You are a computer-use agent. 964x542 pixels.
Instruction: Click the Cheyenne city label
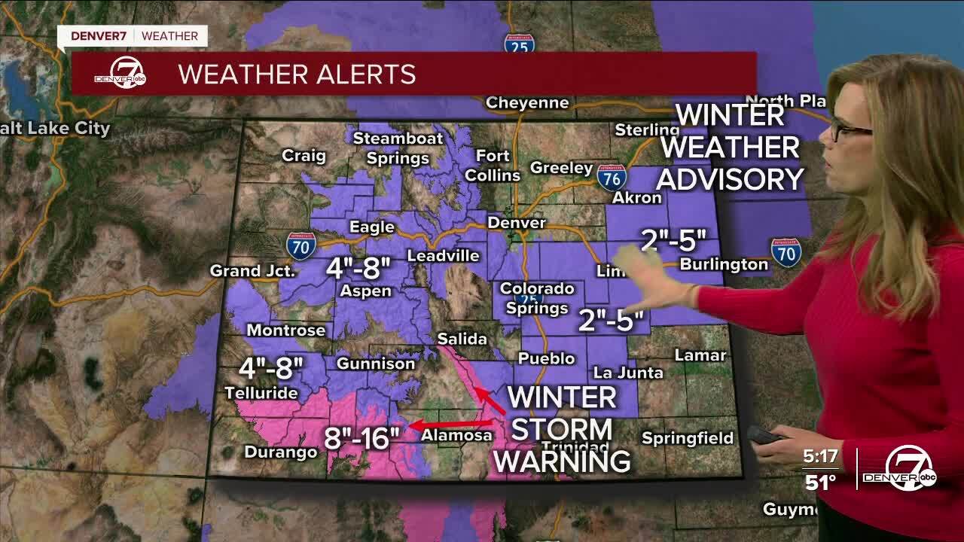click(x=526, y=103)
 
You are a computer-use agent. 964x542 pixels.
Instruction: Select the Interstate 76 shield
click(x=612, y=178)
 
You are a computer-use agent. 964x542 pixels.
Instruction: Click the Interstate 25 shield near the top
click(x=520, y=44)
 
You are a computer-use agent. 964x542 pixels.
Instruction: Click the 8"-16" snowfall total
click(x=361, y=437)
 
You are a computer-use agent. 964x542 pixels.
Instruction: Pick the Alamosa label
click(x=456, y=435)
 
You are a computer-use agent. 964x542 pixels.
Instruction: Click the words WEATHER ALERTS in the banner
click(x=297, y=75)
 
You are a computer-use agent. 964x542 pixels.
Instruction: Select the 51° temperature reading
click(x=821, y=482)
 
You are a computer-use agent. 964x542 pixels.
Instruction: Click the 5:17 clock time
click(x=822, y=458)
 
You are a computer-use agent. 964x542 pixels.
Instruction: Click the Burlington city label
click(x=724, y=264)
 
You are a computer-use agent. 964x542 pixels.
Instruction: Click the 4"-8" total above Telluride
click(x=271, y=369)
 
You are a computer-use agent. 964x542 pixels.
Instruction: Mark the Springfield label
click(x=687, y=438)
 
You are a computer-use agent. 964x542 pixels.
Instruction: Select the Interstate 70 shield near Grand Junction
click(x=300, y=246)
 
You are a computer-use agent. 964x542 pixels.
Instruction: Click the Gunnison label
click(x=375, y=364)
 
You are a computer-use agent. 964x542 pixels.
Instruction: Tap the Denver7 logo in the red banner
click(x=120, y=75)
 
